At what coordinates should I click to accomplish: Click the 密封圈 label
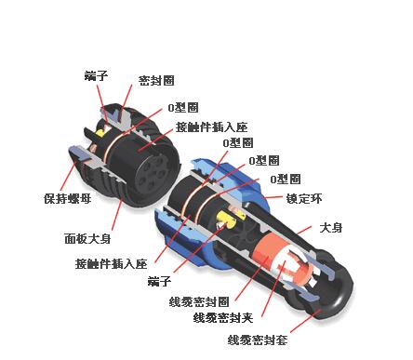156,81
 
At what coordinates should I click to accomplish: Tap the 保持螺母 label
68,198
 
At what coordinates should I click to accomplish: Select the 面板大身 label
87,239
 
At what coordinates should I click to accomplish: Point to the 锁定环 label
304,198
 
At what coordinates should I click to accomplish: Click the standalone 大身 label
331,228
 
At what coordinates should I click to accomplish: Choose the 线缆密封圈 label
199,301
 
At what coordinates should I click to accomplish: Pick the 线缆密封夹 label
223,318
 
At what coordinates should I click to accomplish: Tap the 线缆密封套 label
258,340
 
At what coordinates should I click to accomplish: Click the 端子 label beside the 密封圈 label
96,75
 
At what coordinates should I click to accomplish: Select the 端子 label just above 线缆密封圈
159,281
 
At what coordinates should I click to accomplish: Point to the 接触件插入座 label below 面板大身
112,264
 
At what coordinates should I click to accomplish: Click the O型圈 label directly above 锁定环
286,179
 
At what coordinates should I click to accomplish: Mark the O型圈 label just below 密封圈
183,108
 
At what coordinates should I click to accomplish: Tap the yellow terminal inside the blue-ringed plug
225,219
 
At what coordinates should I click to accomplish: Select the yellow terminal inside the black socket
100,132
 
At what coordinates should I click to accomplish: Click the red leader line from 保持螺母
68,173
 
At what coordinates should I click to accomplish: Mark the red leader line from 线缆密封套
305,321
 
